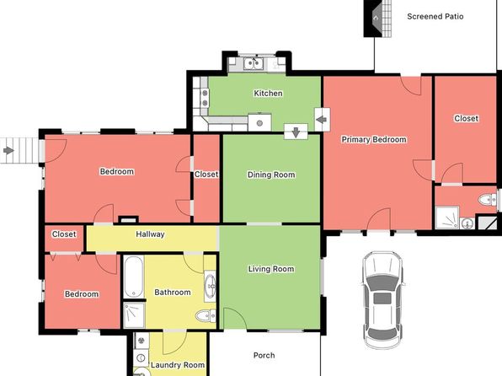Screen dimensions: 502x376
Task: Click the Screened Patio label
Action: tap(435, 16)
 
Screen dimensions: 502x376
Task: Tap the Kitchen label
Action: tap(268, 94)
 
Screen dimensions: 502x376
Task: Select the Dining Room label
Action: tap(271, 175)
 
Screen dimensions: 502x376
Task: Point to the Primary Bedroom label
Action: tap(374, 139)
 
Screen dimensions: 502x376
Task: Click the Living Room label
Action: tap(271, 269)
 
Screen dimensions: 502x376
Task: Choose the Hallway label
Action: tap(150, 234)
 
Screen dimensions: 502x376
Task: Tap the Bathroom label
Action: tap(173, 293)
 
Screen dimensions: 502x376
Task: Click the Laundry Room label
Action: tap(178, 365)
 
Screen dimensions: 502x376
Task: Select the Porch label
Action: tap(264, 355)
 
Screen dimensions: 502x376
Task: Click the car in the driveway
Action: tap(383, 300)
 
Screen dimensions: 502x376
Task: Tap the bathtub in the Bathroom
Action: tap(134, 277)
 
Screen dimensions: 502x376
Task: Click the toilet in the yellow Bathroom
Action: tap(206, 316)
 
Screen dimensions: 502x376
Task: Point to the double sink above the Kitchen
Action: tap(254, 63)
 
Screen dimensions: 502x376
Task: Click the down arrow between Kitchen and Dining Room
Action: tap(296, 132)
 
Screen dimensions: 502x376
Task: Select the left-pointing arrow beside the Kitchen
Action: tap(322, 120)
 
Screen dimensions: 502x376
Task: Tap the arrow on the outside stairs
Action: tap(8, 150)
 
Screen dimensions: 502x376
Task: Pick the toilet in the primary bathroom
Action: tap(488, 200)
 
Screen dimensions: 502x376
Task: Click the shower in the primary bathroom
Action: tap(447, 218)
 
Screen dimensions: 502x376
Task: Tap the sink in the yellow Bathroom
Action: tap(211, 284)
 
